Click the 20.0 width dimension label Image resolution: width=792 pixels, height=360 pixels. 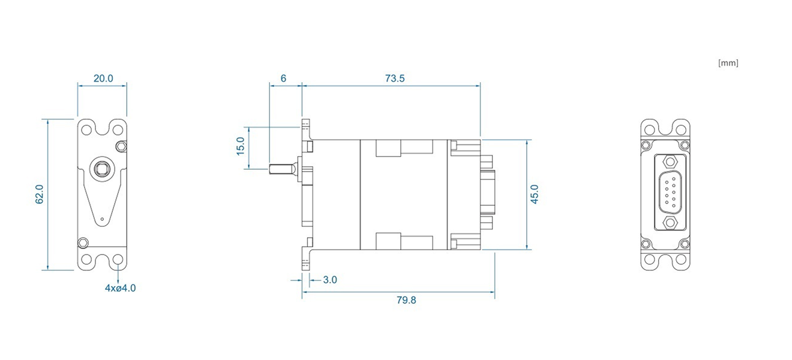(103, 79)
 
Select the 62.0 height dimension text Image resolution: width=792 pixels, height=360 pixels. (39, 194)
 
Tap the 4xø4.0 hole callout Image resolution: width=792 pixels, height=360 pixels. (120, 288)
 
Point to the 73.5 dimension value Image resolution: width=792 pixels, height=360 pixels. (395, 79)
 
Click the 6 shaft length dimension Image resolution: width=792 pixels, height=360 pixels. (283, 79)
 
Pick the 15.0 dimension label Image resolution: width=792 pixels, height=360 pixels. (241, 146)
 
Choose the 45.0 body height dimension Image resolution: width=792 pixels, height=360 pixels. (535, 194)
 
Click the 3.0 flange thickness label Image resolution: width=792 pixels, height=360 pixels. (330, 280)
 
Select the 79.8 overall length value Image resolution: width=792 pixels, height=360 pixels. (406, 300)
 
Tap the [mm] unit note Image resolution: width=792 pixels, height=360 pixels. (728, 63)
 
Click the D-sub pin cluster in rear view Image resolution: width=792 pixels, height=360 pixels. (670, 193)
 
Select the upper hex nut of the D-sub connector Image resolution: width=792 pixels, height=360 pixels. (670, 162)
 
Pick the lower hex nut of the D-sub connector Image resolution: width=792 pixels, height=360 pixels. (670, 223)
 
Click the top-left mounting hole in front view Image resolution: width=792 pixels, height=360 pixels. (86, 130)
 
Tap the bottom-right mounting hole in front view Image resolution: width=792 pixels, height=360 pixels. (118, 260)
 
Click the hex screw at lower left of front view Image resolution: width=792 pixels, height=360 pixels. (83, 243)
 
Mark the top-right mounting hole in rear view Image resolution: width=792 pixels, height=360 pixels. (681, 130)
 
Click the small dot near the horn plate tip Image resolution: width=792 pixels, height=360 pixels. (102, 219)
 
